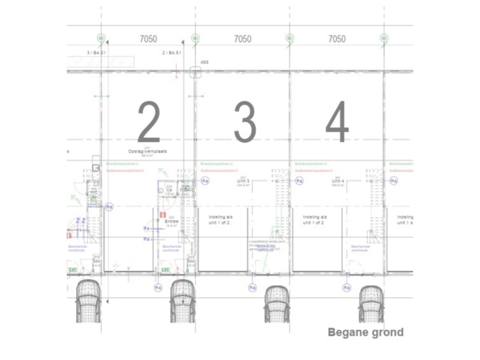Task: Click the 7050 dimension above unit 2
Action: pyautogui.click(x=148, y=39)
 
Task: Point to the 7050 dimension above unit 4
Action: pyautogui.click(x=337, y=39)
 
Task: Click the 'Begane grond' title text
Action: pyautogui.click(x=365, y=332)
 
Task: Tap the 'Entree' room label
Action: pyautogui.click(x=171, y=223)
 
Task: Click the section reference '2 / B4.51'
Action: pyautogui.click(x=172, y=52)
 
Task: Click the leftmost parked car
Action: pyautogui.click(x=89, y=301)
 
